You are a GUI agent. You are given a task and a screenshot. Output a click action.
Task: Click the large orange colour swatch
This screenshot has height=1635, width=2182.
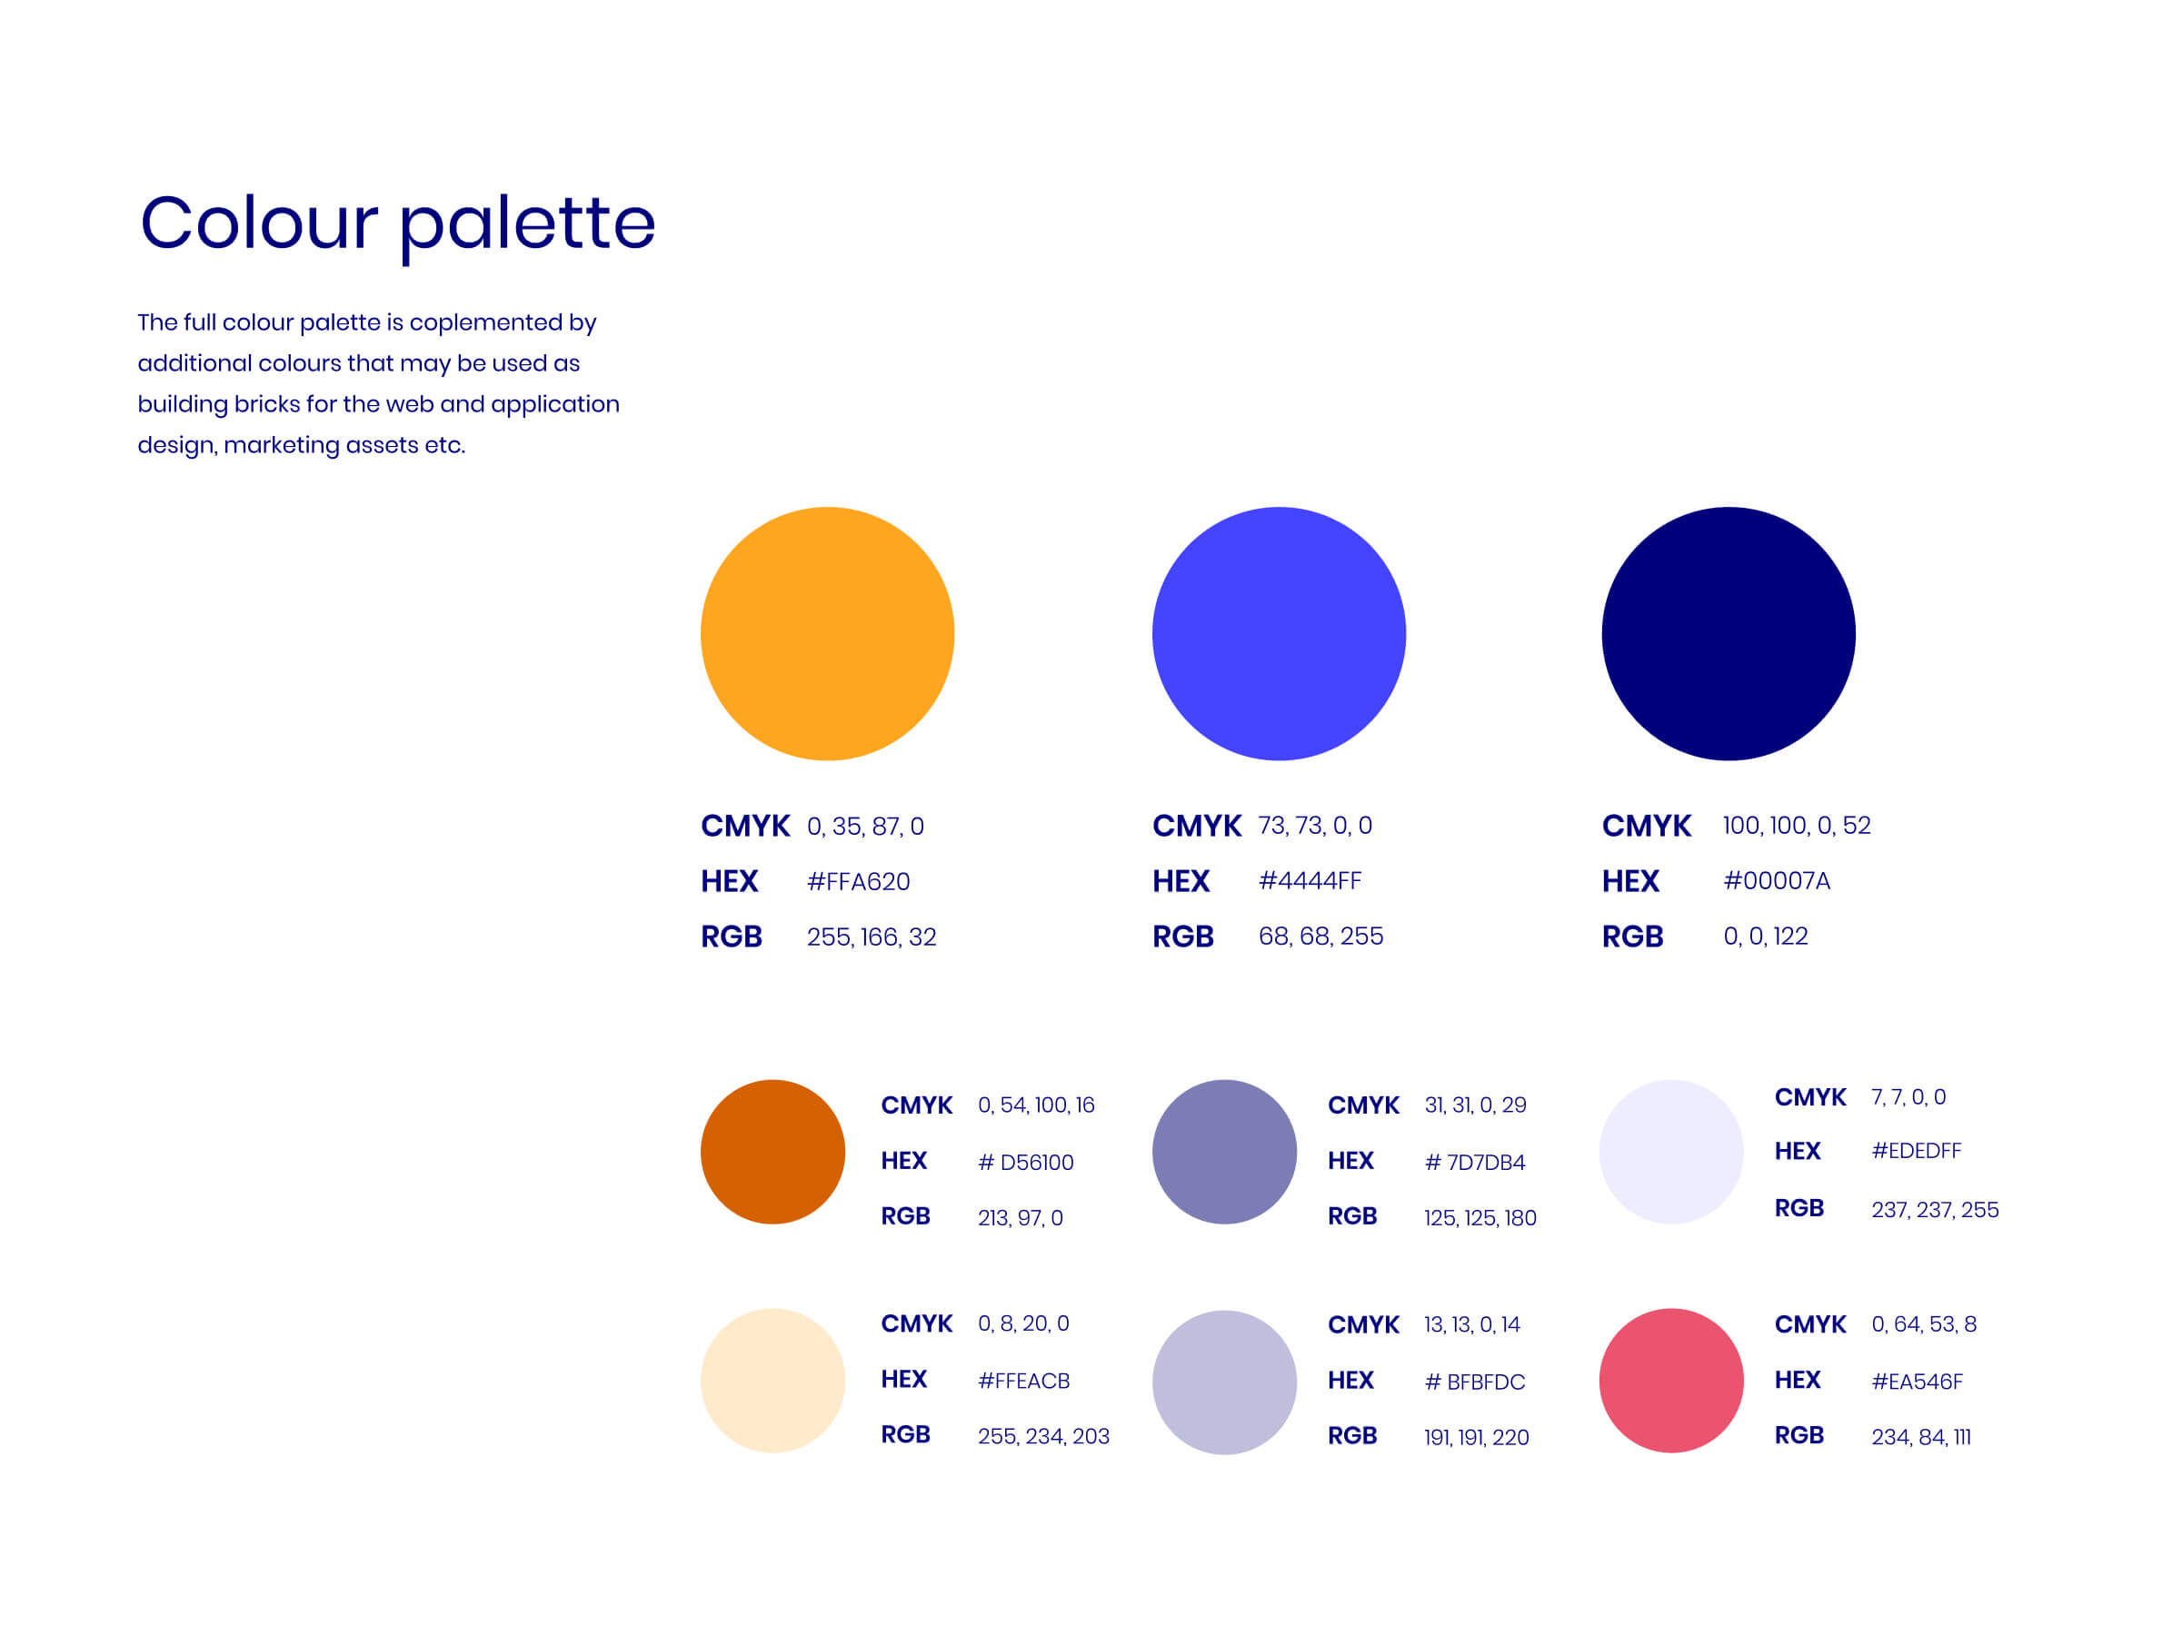[827, 633]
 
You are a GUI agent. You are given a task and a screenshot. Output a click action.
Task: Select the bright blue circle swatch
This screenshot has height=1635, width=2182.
[1279, 633]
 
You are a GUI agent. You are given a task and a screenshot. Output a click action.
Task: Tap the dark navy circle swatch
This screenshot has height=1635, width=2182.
[1729, 633]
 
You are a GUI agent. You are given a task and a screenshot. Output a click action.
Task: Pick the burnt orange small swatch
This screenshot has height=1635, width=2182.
[772, 1152]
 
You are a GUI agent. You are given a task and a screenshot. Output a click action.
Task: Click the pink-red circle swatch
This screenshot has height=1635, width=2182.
[1671, 1381]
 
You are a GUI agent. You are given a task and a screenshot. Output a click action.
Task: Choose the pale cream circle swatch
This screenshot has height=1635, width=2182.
[772, 1381]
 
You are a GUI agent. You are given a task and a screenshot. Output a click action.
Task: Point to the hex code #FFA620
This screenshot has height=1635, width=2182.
[858, 882]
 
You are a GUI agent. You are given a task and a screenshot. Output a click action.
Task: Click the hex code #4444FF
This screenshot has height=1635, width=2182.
[1310, 880]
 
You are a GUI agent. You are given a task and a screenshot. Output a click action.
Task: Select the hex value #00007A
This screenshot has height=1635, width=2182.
[1777, 880]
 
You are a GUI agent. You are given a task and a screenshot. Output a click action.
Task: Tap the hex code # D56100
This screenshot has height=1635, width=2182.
[1026, 1163]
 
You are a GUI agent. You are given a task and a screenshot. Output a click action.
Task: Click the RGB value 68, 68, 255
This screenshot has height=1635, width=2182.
[1320, 936]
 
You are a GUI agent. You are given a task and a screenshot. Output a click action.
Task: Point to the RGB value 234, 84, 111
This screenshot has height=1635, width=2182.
[1921, 1437]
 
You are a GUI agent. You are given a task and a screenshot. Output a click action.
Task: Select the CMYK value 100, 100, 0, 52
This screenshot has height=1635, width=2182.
[1797, 826]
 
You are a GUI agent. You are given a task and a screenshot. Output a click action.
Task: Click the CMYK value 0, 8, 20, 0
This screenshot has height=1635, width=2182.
[1023, 1323]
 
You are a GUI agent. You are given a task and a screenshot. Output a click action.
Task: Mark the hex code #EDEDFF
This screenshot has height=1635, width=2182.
[1917, 1151]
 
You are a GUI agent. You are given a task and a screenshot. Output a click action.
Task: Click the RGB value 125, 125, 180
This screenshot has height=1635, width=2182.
[1480, 1218]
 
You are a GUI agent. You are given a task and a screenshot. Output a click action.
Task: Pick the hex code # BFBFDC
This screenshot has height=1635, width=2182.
[1475, 1382]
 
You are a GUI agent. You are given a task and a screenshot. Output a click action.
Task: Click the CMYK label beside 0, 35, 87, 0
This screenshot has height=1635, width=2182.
[745, 827]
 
